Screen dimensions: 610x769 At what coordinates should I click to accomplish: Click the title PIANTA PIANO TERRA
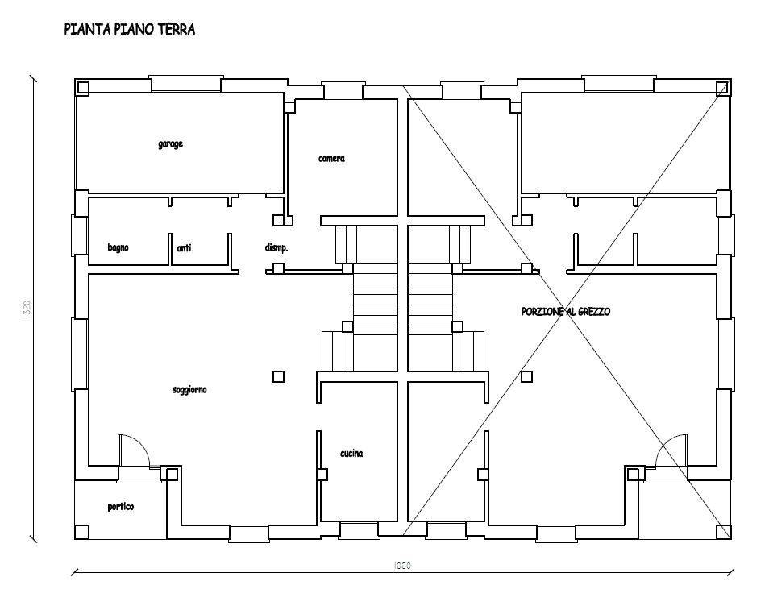pos(130,30)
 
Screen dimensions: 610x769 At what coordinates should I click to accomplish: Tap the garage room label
pos(170,144)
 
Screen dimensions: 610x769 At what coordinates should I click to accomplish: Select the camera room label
pos(331,159)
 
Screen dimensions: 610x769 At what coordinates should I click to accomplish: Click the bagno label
pos(118,247)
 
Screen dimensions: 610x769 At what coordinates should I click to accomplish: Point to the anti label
pos(184,248)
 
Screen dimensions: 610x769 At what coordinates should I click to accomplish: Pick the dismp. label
pos(276,248)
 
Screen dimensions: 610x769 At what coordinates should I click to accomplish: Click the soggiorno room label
pos(189,390)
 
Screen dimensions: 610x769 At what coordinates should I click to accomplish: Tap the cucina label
pos(351,454)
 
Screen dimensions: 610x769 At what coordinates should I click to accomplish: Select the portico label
pos(121,507)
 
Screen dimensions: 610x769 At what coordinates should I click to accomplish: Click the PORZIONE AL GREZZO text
pos(566,311)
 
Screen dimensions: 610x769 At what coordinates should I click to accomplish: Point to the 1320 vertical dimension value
pos(27,308)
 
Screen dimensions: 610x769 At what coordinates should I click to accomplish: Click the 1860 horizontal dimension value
pos(403,566)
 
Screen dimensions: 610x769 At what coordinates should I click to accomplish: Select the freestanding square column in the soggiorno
pos(278,376)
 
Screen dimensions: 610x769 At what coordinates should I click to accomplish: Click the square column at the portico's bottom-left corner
pos(81,532)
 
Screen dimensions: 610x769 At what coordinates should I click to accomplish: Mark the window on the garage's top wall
pos(186,84)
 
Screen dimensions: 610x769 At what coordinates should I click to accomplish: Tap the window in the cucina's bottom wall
pos(359,531)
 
